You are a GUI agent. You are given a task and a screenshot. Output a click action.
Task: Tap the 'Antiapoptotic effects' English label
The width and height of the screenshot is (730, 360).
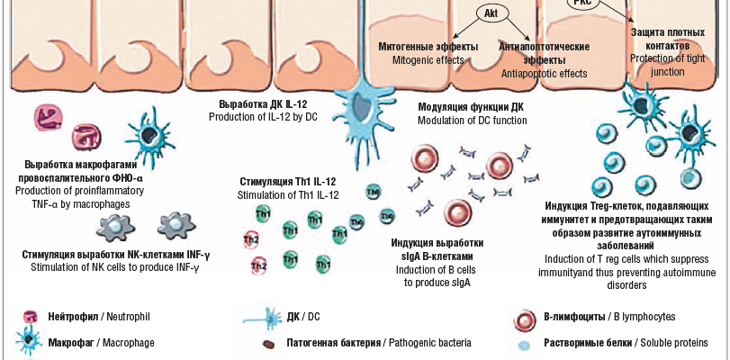543,73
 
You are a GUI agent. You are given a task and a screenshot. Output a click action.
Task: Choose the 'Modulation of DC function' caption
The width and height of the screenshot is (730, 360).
473,120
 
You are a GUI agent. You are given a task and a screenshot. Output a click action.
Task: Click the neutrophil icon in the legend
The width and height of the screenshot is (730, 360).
31,318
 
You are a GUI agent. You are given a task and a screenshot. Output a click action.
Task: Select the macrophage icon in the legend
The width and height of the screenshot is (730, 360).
30,342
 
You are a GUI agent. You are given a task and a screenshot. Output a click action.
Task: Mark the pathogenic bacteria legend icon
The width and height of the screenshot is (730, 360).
268,344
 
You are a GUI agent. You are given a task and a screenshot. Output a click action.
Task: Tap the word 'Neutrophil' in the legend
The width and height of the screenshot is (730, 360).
123,318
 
